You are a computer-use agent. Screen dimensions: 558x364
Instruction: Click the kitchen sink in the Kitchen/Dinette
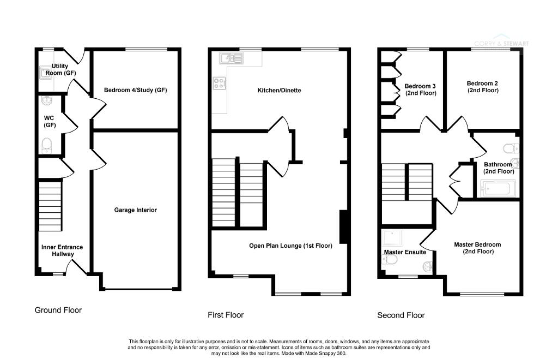point(231,58)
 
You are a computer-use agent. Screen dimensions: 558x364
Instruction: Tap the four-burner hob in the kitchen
point(219,83)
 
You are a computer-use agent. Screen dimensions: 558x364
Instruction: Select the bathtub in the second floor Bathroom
point(498,188)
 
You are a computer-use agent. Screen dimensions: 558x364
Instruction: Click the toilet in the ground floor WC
point(47,146)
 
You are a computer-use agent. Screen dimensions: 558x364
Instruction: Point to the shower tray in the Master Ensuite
point(393,238)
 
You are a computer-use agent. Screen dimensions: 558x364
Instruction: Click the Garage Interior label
point(135,210)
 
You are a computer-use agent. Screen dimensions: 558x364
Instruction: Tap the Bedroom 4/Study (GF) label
point(135,90)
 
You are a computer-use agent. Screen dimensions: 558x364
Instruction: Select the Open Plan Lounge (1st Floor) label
point(291,246)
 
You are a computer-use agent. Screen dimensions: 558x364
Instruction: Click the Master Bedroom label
point(477,248)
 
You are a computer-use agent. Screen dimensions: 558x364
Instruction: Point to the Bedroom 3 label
point(420,89)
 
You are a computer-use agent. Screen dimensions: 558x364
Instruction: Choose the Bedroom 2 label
point(483,87)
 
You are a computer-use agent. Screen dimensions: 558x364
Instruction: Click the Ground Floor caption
point(58,310)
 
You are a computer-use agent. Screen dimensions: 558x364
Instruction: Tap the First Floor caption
point(226,315)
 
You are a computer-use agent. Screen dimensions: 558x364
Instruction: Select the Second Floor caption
point(401,315)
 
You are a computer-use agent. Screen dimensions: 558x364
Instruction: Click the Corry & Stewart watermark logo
point(501,41)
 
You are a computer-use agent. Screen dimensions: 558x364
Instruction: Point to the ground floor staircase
point(50,206)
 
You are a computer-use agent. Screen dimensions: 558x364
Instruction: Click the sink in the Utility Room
point(46,73)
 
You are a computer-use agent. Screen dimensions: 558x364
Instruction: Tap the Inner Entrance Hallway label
point(62,250)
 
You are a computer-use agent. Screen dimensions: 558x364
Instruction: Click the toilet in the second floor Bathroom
point(511,148)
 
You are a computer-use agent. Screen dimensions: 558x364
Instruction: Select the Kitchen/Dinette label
point(280,91)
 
